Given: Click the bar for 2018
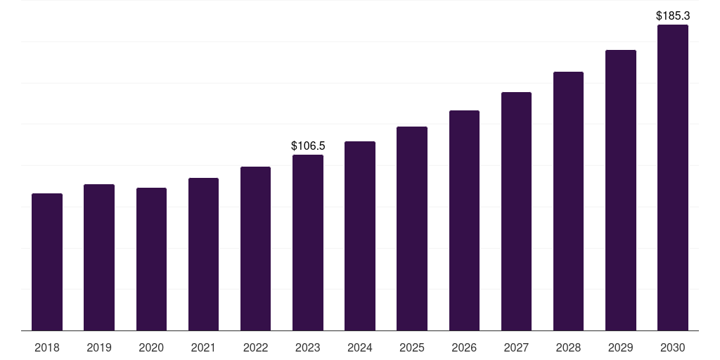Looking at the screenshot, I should (x=47, y=262).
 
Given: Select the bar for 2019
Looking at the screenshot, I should (x=99, y=257).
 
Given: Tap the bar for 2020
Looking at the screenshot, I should (x=151, y=259).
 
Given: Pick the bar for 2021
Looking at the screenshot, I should (x=203, y=254).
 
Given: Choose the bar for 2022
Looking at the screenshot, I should (x=255, y=248).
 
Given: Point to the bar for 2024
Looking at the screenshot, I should (x=360, y=236).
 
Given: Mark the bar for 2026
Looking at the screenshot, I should (x=464, y=220).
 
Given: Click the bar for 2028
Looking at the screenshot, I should (x=568, y=201).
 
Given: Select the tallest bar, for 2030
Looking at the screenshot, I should (x=673, y=177).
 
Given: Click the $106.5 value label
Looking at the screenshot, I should (x=308, y=146).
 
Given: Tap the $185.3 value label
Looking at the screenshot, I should (x=673, y=15).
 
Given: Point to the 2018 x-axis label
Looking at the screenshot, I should (x=47, y=348).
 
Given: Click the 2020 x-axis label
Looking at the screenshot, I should (x=151, y=348).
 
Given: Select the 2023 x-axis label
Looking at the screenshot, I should (x=308, y=348).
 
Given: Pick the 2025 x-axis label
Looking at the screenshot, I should (x=412, y=348).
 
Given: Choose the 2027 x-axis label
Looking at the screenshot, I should (x=516, y=348).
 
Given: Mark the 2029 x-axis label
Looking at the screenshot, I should (x=621, y=348).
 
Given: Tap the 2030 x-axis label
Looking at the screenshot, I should (x=673, y=348).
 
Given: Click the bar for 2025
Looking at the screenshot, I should (x=412, y=229).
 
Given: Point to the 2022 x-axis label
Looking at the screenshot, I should (x=255, y=348).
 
